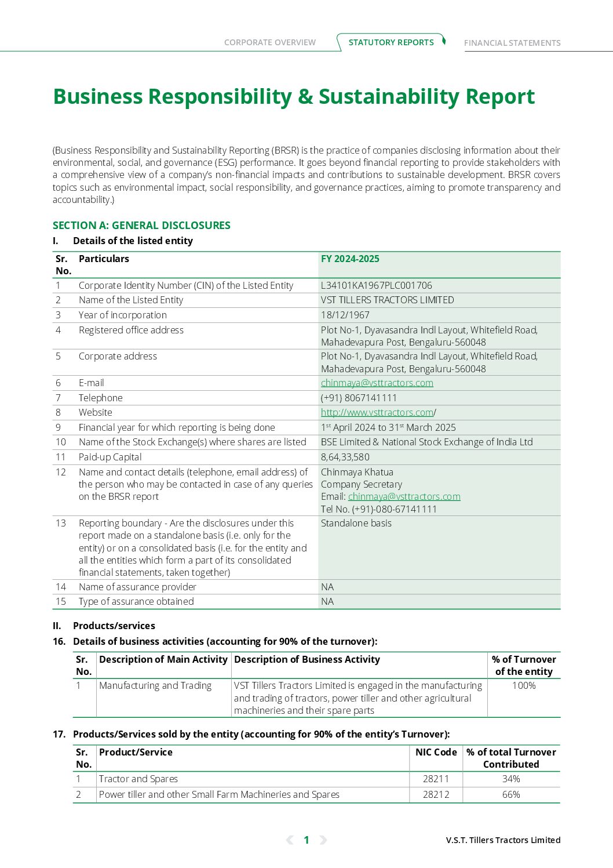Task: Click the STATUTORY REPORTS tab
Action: [391, 42]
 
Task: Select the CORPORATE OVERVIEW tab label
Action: [270, 42]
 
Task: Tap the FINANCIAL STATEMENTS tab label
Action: [512, 43]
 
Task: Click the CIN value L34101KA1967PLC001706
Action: [377, 285]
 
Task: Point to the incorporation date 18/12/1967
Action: [345, 315]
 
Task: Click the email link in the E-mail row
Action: [377, 383]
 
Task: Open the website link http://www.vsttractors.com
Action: [377, 412]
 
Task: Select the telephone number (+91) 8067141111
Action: [359, 398]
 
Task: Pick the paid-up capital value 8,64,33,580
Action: [345, 457]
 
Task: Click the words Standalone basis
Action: [356, 523]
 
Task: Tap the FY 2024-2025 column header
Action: [351, 259]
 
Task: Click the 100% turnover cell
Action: [524, 685]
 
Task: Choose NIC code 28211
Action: [436, 779]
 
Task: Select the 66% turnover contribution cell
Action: [511, 794]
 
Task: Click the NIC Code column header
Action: [436, 752]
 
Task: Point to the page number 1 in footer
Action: [306, 840]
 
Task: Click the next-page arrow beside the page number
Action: [323, 840]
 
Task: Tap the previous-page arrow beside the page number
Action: [290, 840]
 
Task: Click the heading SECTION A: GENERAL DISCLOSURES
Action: [141, 226]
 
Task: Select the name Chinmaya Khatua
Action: [357, 472]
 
